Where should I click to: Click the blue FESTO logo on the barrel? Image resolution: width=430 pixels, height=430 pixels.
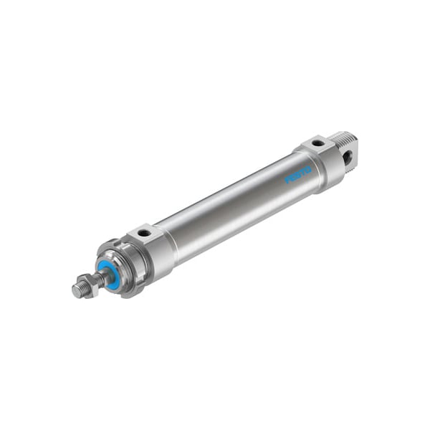coord(297,173)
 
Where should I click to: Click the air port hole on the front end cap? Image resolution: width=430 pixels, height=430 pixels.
coord(144,233)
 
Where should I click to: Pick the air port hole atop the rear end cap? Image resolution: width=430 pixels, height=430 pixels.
coord(316,143)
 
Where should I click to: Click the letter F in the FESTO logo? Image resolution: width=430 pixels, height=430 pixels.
coord(287,178)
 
